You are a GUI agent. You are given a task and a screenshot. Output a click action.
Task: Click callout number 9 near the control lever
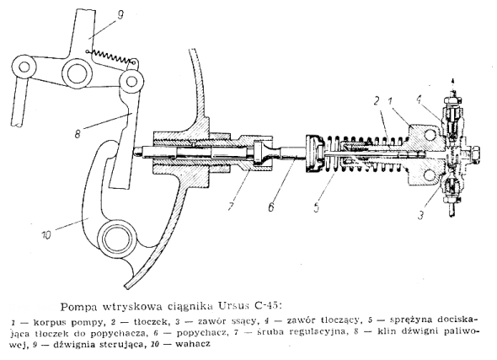tap(120, 15)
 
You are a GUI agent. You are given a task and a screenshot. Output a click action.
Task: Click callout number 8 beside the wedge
tap(78, 133)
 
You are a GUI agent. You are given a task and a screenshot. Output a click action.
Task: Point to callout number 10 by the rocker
tap(46, 235)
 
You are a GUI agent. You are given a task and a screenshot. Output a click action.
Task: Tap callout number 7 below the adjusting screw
tap(232, 205)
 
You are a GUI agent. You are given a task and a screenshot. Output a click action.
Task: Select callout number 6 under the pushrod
tap(271, 207)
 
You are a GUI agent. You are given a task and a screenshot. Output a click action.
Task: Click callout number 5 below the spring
tap(317, 207)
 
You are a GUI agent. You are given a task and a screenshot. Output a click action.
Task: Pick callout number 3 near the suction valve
tap(420, 215)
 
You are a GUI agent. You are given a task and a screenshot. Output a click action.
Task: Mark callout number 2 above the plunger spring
tap(377, 101)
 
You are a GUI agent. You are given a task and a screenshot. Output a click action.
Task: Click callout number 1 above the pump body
tap(391, 101)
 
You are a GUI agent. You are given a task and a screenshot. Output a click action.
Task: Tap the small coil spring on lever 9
tap(110, 56)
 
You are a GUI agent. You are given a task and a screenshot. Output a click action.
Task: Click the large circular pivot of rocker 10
tap(115, 236)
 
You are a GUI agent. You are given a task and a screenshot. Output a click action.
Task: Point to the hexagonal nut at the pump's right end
tap(474, 154)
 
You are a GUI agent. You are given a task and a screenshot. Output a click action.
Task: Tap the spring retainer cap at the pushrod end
tap(315, 153)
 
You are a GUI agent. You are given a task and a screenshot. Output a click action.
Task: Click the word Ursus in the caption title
tap(234, 306)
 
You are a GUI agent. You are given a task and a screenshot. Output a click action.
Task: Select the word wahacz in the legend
tap(192, 343)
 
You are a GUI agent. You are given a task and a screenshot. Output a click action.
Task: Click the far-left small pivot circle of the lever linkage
tap(24, 67)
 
